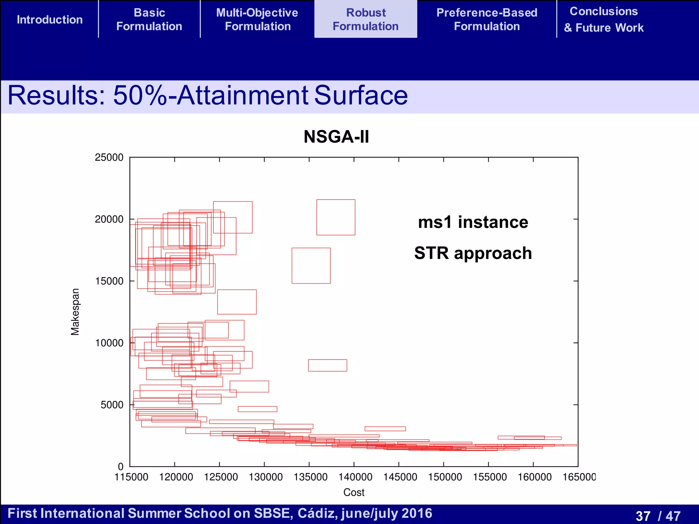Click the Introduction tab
point(50,19)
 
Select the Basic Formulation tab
point(149,19)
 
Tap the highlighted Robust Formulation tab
point(366,19)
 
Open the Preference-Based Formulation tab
point(487,19)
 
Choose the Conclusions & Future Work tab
point(603,19)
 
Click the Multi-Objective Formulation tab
point(257,19)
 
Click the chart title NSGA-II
point(336,137)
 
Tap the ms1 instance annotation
point(473,222)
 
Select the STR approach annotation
point(473,253)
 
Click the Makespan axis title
point(75,312)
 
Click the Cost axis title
point(354,492)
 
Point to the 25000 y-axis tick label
point(109,158)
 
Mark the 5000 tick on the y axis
point(112,405)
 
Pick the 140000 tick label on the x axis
point(355,477)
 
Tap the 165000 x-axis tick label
point(579,477)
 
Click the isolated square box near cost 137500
point(336,217)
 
